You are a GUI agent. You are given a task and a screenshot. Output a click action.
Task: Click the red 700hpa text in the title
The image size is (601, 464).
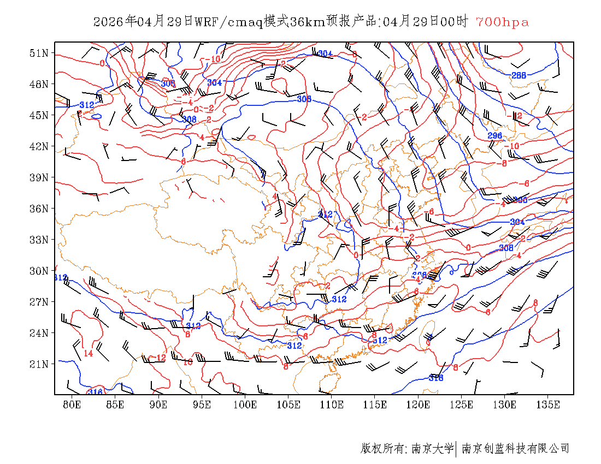[502, 22]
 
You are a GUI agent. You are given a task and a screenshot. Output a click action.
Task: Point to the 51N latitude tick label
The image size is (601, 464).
[39, 53]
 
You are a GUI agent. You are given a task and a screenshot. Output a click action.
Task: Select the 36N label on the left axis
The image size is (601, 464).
[39, 209]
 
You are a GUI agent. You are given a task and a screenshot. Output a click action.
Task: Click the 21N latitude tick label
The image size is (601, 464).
[39, 364]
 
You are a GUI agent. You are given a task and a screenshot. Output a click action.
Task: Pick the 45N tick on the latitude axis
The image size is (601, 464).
[39, 115]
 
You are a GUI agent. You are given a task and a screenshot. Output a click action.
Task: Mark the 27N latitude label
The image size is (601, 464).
[39, 302]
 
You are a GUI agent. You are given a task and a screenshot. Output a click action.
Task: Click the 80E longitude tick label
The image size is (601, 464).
[72, 404]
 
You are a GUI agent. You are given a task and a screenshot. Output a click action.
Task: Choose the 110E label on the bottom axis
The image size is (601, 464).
[332, 404]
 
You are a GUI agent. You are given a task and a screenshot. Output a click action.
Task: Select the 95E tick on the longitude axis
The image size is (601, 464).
[202, 404]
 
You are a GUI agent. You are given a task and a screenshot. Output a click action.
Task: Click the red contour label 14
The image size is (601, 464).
[88, 353]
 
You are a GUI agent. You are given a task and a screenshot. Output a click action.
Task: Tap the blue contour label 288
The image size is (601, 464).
[518, 75]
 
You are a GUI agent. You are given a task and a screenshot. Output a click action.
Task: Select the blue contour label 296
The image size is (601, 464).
[494, 136]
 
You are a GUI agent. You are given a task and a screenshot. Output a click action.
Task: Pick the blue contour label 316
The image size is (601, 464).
[96, 392]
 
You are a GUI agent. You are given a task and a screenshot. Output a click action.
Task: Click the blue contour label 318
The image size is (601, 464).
[436, 378]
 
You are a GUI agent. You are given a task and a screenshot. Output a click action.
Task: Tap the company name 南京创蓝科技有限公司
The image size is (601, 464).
[515, 449]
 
